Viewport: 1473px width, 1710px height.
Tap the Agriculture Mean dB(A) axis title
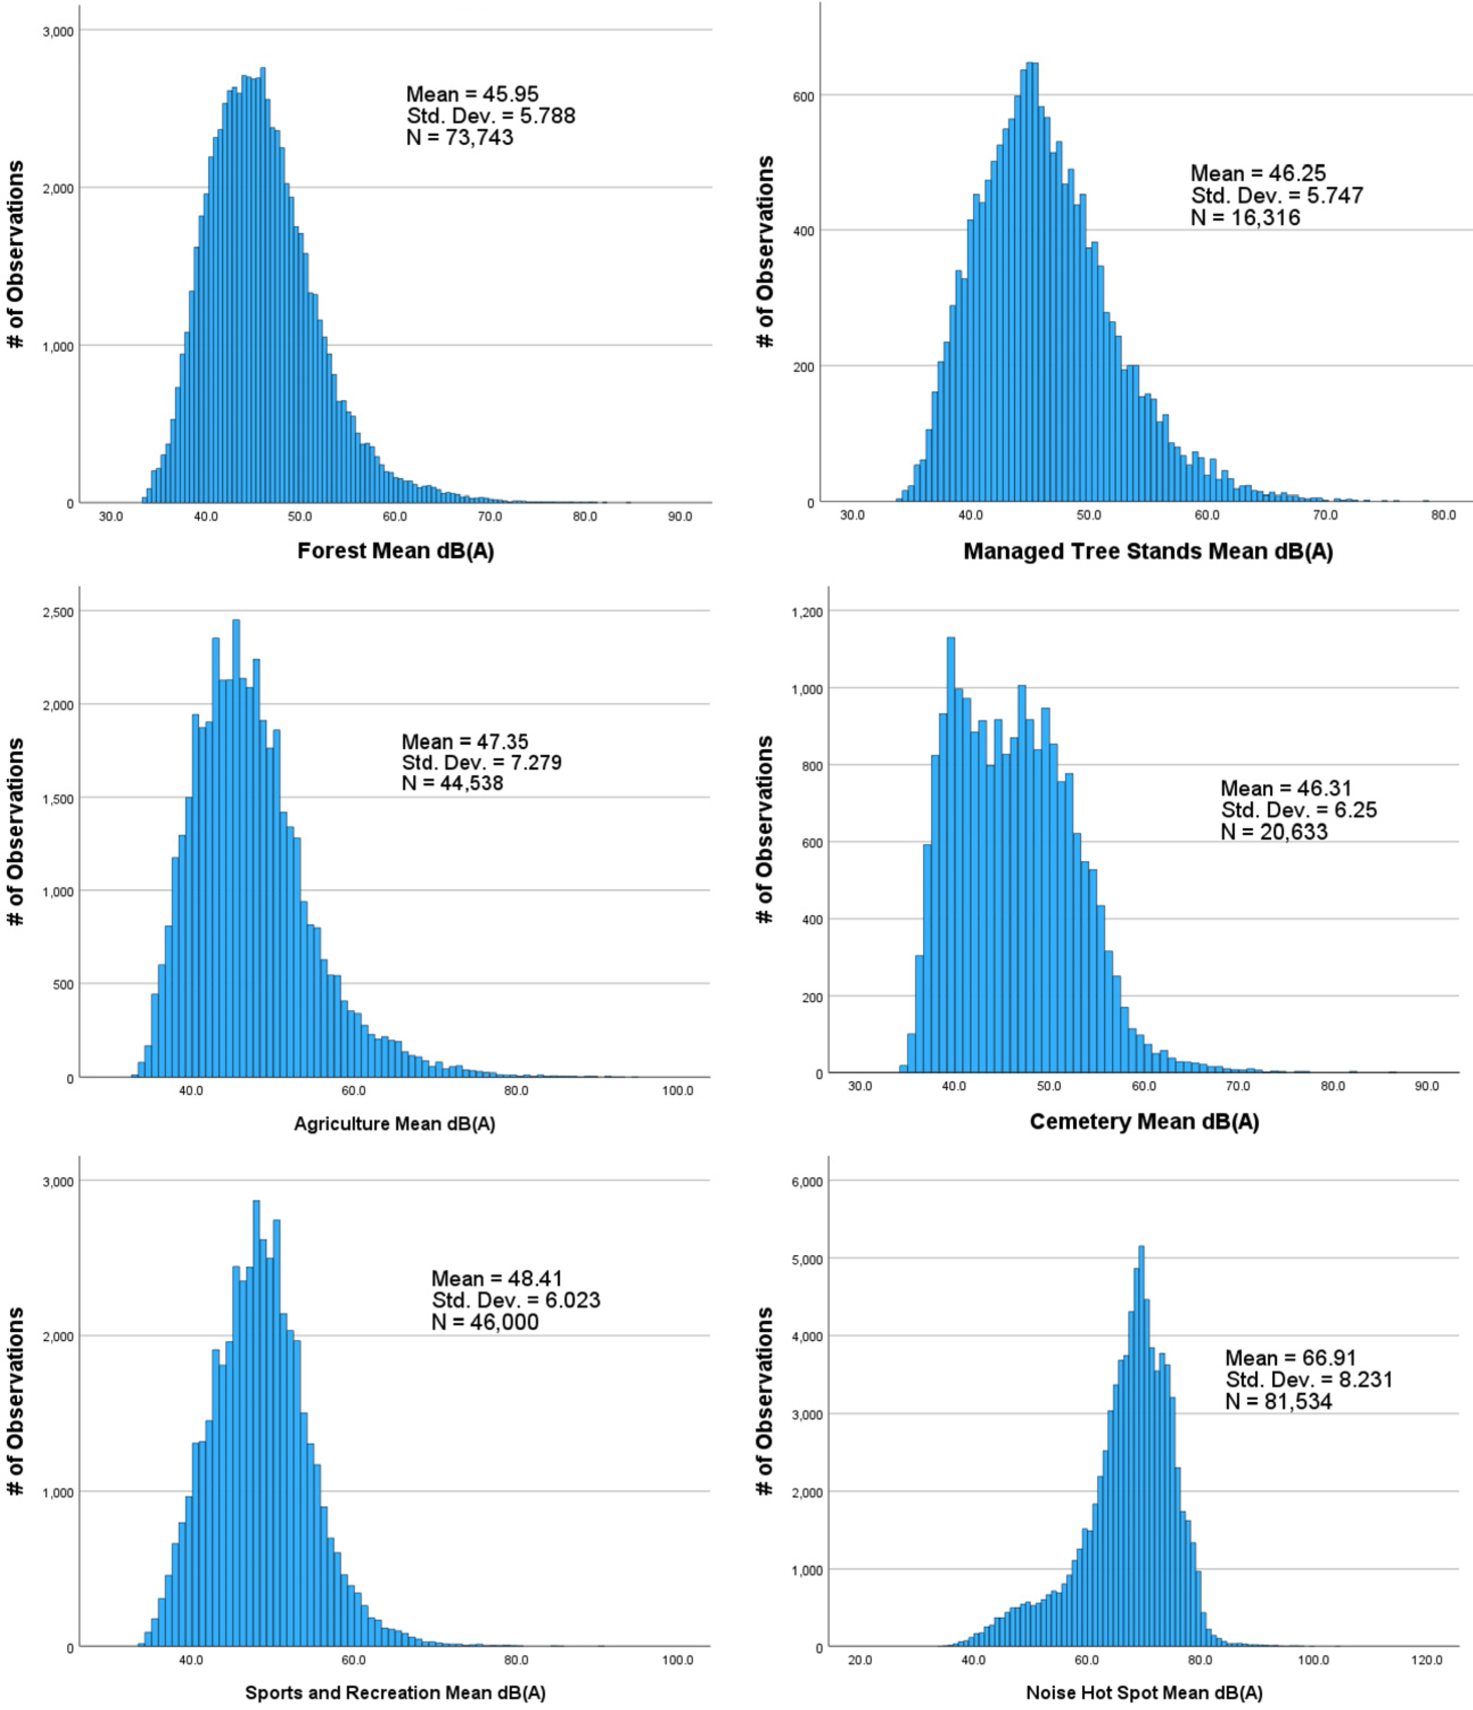point(395,1123)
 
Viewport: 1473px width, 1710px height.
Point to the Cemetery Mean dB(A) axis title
point(1144,1122)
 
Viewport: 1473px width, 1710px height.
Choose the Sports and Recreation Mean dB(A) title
point(395,1693)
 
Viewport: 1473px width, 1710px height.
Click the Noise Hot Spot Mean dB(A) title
point(1144,1693)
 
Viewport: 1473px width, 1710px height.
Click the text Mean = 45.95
point(472,94)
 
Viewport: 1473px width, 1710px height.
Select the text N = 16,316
point(1245,218)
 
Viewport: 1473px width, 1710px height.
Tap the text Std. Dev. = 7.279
point(481,762)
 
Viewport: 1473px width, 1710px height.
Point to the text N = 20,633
point(1274,831)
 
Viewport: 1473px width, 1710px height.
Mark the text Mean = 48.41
point(497,1279)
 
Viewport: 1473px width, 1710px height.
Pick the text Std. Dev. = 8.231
point(1309,1379)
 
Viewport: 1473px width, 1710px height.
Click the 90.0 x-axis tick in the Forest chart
point(680,517)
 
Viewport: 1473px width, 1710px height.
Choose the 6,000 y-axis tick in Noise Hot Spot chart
point(806,1182)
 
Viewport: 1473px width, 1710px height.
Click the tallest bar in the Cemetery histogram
point(950,854)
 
